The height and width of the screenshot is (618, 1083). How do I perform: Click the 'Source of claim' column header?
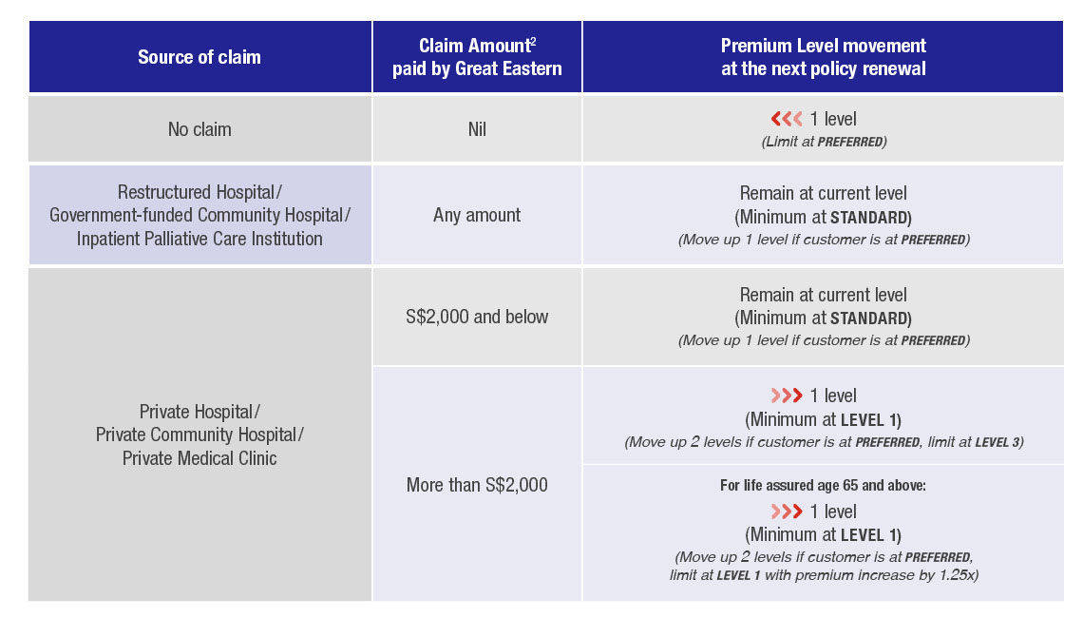(x=199, y=57)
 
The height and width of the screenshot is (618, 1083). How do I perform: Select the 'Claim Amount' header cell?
(x=477, y=57)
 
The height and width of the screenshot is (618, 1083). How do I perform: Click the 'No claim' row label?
(x=199, y=129)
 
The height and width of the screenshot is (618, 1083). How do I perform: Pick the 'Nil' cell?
(x=477, y=129)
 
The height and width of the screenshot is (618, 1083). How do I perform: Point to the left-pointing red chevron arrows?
(x=787, y=120)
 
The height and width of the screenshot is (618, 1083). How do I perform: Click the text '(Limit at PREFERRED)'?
(x=823, y=141)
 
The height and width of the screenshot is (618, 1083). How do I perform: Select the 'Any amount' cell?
(x=477, y=215)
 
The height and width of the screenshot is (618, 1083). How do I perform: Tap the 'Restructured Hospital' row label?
(x=199, y=192)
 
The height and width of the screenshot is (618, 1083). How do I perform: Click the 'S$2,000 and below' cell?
(x=477, y=317)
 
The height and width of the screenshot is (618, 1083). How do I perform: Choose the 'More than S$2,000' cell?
(x=477, y=485)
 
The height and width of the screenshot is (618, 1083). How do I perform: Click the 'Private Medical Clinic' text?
(x=199, y=458)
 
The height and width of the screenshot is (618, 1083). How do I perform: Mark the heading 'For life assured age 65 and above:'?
(x=823, y=486)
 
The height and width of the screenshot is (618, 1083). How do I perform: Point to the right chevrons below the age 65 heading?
(x=787, y=512)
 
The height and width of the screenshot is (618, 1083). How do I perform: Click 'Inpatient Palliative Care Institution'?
(x=199, y=239)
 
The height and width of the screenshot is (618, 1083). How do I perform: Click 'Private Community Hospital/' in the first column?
(x=199, y=435)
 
